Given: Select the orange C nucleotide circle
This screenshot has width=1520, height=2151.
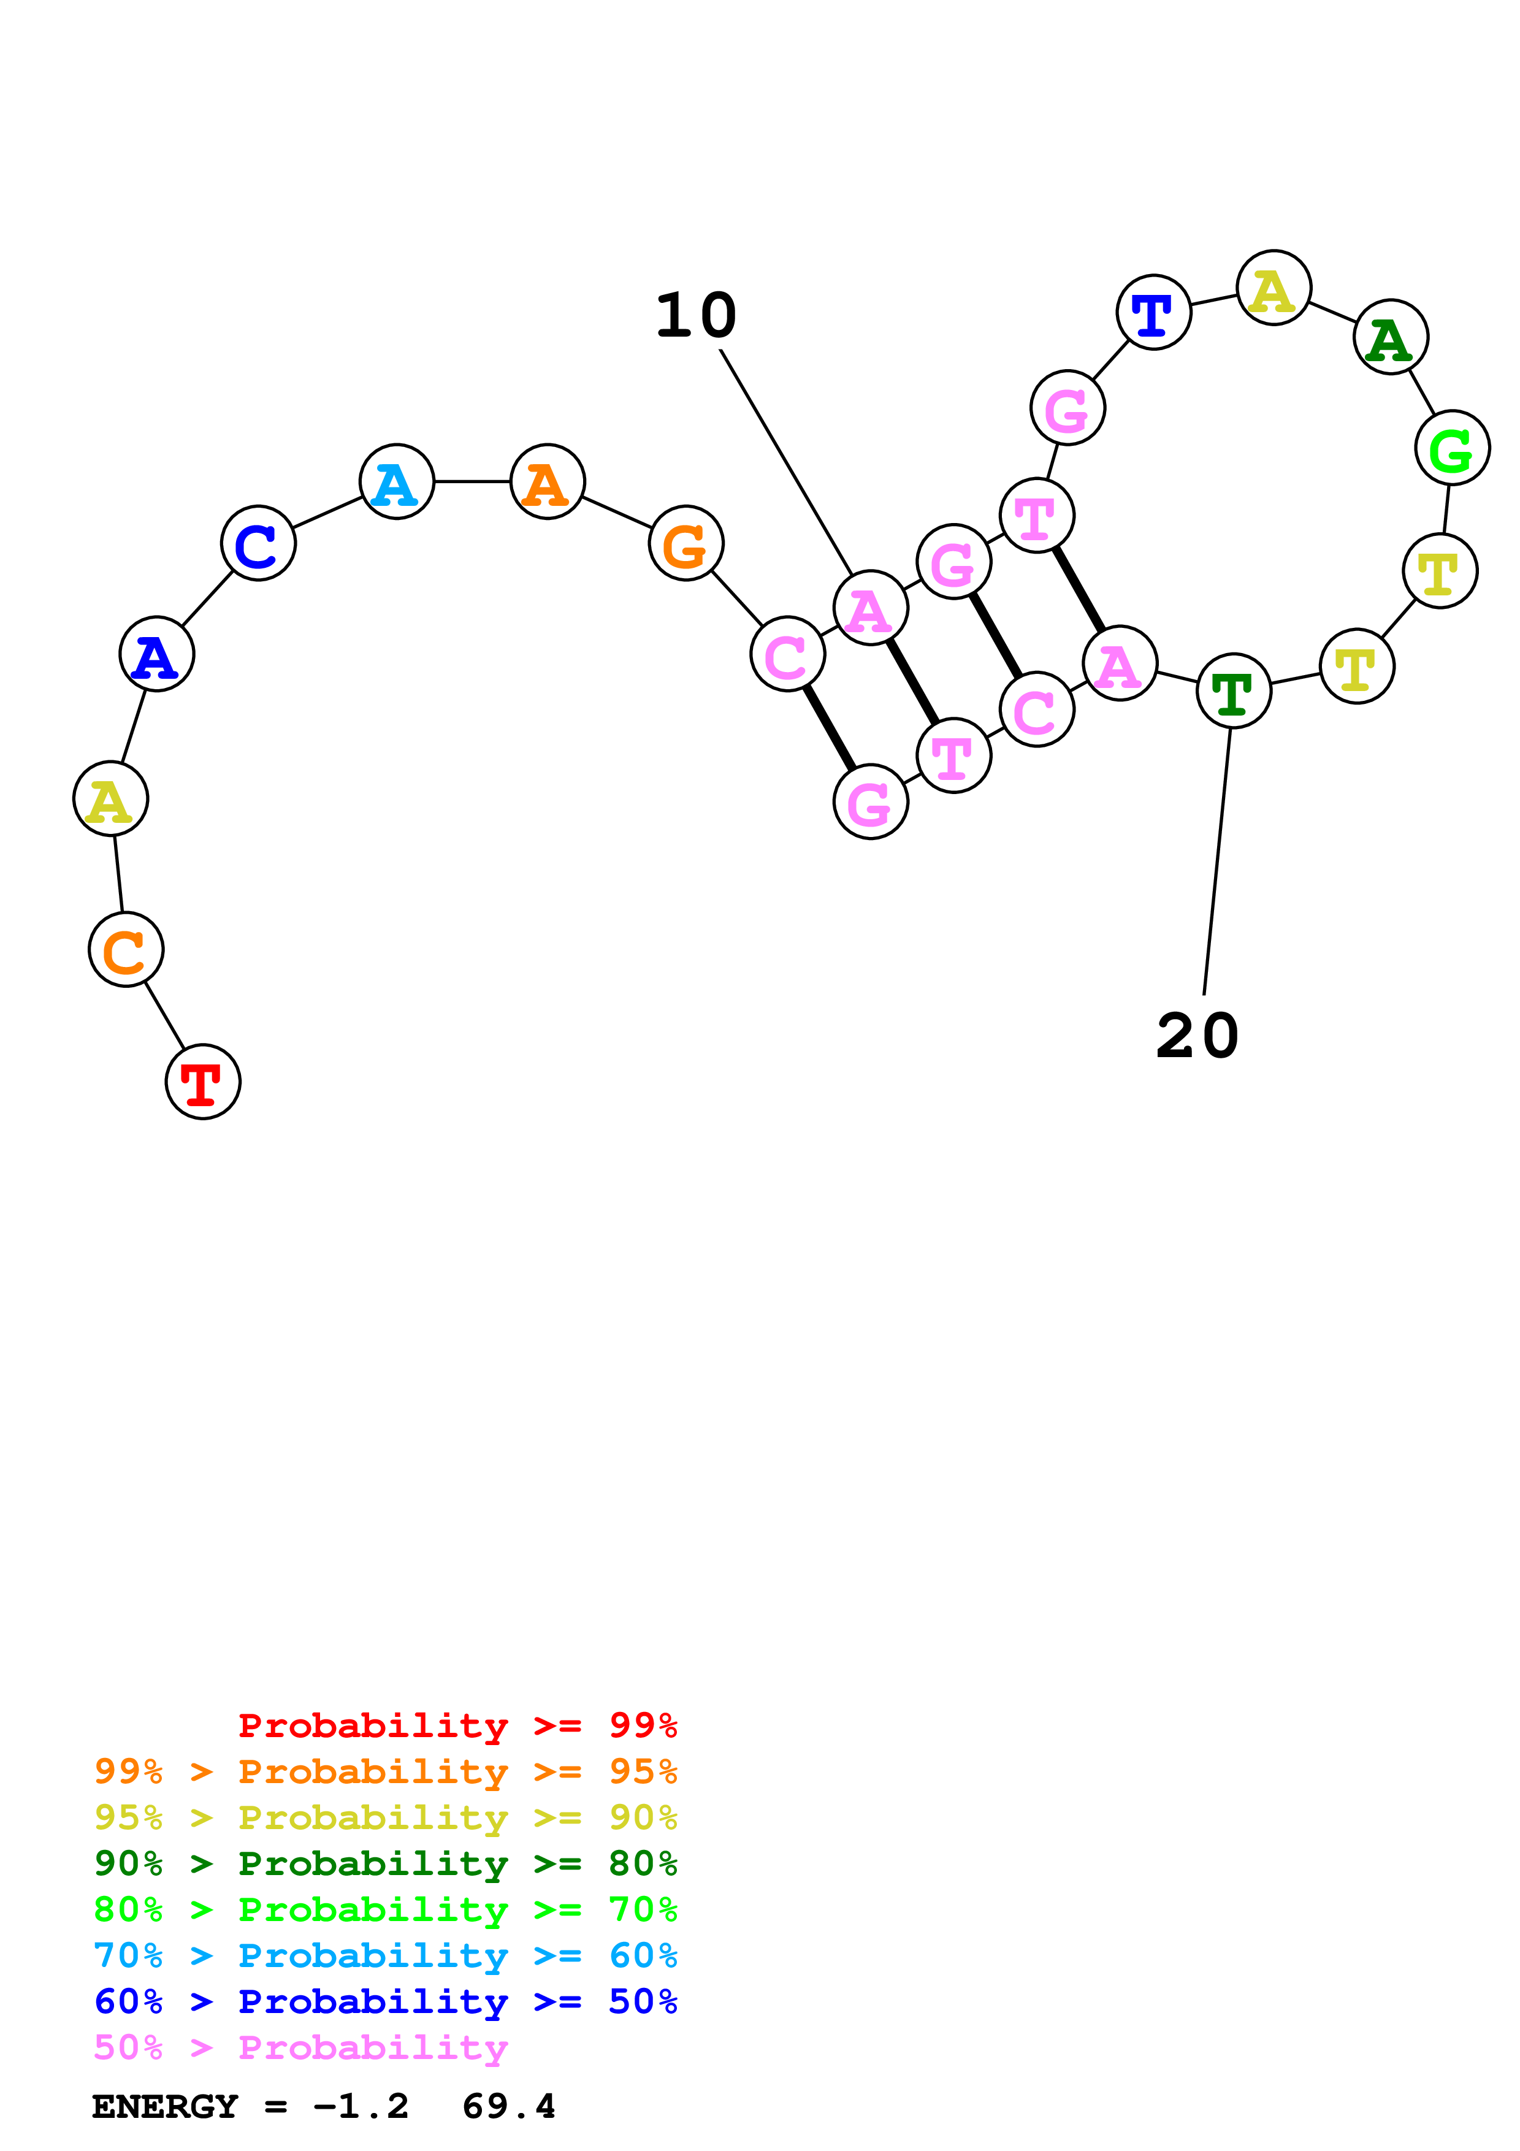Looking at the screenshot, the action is point(126,949).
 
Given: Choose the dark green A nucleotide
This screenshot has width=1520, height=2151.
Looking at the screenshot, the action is point(1390,337).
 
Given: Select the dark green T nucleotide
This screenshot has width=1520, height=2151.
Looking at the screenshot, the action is point(1234,692).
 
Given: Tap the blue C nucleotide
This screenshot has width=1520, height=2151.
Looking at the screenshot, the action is point(258,543).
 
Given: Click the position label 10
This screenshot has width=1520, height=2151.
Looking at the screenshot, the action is point(696,316).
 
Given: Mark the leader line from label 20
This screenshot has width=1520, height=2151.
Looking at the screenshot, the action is point(1216,862).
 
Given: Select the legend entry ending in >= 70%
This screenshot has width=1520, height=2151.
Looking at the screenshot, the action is point(385,1909).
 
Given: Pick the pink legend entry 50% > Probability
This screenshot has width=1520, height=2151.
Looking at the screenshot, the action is point(300,2048).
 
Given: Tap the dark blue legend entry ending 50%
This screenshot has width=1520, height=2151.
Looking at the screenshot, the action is point(385,2002).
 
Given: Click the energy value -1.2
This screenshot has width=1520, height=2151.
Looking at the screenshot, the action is point(361,2107).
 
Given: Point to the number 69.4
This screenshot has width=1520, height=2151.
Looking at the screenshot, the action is point(508,2107).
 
